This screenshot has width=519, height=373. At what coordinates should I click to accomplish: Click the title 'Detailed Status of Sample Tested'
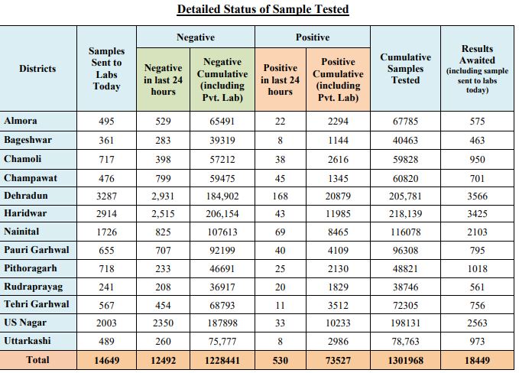click(x=263, y=9)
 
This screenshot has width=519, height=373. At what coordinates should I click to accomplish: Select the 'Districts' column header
click(x=37, y=69)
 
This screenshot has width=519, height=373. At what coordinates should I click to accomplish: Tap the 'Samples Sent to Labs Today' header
click(x=106, y=69)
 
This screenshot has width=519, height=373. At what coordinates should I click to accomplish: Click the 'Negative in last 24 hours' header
click(x=163, y=79)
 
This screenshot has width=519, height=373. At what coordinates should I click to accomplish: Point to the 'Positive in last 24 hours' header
click(x=280, y=79)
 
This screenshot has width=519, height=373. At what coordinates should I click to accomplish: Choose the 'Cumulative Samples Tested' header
click(x=405, y=69)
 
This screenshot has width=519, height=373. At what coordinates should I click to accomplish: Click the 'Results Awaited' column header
click(x=477, y=54)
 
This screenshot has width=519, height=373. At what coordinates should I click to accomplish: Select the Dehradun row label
click(x=26, y=196)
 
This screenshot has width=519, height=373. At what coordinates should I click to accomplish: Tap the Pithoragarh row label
click(x=31, y=268)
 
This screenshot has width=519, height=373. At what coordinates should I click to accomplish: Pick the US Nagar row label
click(x=25, y=323)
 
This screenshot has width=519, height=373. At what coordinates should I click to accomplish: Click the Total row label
click(x=37, y=360)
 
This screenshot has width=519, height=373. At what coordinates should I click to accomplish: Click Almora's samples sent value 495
click(x=106, y=121)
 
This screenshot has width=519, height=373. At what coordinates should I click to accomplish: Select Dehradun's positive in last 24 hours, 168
click(x=280, y=196)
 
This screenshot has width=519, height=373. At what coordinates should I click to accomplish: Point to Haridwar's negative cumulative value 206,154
click(x=222, y=214)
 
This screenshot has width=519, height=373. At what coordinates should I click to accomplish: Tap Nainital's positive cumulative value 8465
click(x=338, y=232)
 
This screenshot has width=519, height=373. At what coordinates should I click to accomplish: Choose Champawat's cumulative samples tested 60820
click(x=405, y=179)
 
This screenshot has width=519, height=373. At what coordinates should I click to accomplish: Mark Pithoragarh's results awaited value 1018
click(x=477, y=268)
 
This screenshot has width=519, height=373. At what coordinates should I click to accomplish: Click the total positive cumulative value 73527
click(x=338, y=361)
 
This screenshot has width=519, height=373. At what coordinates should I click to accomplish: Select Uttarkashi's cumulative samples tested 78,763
click(x=405, y=341)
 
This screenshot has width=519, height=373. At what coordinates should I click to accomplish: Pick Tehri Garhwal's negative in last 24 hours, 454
click(x=163, y=305)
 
